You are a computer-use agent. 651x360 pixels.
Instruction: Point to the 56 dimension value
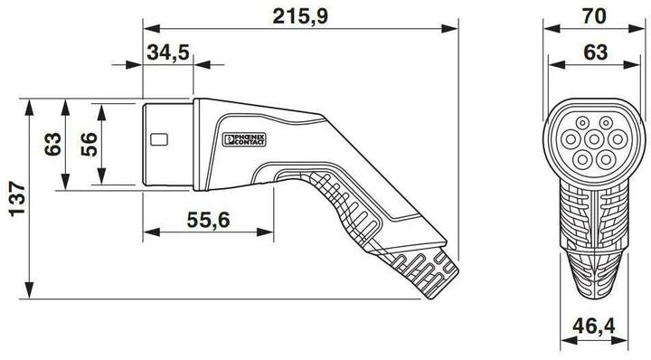tap(88, 144)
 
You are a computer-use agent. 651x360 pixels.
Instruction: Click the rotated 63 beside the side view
tap(52, 144)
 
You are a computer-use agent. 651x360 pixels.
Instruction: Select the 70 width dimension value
tap(593, 15)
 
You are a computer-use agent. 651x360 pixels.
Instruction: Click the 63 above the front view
tap(593, 52)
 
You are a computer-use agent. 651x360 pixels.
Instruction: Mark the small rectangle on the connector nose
tap(160, 140)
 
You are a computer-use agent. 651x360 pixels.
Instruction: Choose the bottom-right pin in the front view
tap(605, 158)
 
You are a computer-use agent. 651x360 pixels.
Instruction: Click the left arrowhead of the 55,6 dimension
tap(148, 232)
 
